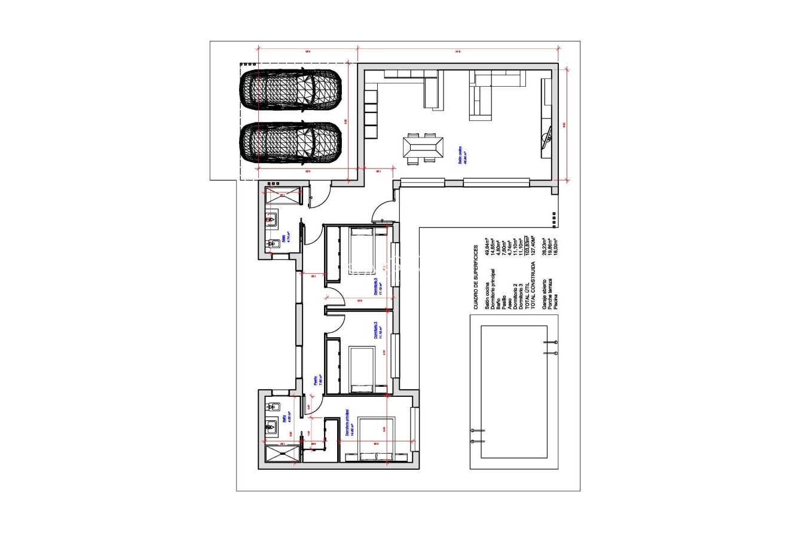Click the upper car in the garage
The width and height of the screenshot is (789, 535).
click(290, 90)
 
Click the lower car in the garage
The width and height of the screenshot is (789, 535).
click(290, 142)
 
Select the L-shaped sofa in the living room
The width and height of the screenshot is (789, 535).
click(490, 93)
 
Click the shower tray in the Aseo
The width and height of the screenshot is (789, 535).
click(283, 195)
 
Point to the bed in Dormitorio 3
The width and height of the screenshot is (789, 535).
click(362, 251)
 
